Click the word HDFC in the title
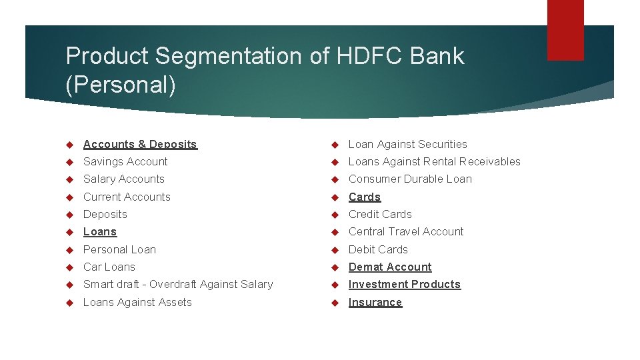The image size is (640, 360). pos(370,56)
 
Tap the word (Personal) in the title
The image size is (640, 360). pos(121,86)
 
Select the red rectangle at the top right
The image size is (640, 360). pos(565,30)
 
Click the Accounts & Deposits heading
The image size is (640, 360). pos(140,144)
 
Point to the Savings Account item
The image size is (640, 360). pos(125,161)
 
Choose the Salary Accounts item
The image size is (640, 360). pos(123,179)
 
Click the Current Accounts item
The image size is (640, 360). pos(127,197)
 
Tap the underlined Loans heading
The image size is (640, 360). pos(100,231)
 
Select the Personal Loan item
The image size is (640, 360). pos(119,249)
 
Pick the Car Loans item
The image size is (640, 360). pos(109,267)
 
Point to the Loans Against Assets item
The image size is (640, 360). pos(137,302)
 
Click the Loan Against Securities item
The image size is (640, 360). pos(408,144)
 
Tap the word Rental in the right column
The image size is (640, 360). pos(435,161)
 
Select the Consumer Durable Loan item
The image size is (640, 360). pos(410,179)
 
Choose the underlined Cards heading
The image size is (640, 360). pos(365,197)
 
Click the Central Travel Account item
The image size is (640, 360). pos(406,231)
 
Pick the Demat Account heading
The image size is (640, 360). pos(390,267)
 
